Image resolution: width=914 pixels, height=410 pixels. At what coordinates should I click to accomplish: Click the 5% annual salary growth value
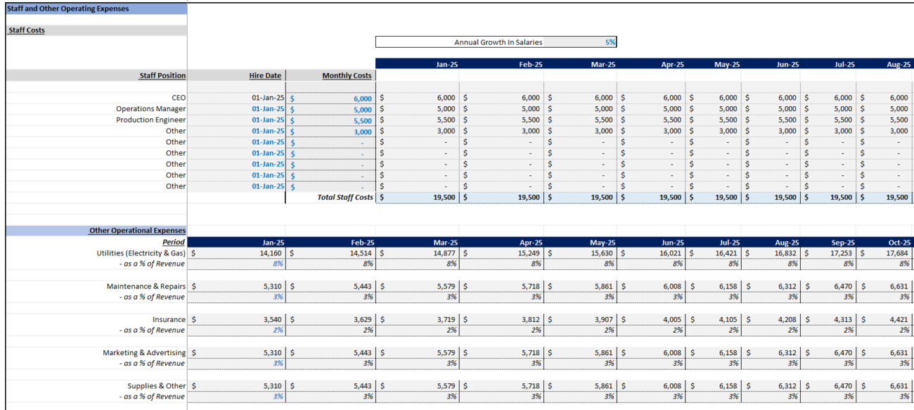(x=610, y=42)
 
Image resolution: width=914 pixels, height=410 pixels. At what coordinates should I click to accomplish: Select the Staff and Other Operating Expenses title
(x=68, y=9)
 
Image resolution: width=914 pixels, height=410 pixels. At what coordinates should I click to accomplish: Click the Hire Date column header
(x=266, y=75)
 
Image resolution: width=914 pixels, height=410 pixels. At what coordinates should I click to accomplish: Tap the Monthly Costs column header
(x=347, y=75)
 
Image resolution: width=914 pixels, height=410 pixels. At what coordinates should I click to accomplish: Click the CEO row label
(x=179, y=98)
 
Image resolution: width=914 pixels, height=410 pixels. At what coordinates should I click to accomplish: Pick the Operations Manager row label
(x=151, y=109)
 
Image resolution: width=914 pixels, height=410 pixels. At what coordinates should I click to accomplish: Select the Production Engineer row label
(x=151, y=120)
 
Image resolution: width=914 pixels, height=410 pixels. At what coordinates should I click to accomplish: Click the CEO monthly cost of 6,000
(x=362, y=98)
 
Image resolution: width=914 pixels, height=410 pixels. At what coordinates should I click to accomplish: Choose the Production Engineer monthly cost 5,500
(x=362, y=121)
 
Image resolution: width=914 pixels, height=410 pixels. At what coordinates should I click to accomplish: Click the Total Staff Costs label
(x=345, y=198)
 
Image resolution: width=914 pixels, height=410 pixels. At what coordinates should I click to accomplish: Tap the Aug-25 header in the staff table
(x=899, y=64)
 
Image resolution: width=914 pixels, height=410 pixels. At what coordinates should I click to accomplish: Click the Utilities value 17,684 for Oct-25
(x=897, y=253)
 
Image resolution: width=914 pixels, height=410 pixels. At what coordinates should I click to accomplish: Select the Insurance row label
(x=169, y=319)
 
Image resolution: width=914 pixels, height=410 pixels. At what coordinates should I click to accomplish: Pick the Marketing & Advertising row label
(x=144, y=352)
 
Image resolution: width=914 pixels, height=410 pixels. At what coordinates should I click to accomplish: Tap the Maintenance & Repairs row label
(x=146, y=286)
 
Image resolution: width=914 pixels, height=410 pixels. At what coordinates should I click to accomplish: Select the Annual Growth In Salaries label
(x=498, y=42)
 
